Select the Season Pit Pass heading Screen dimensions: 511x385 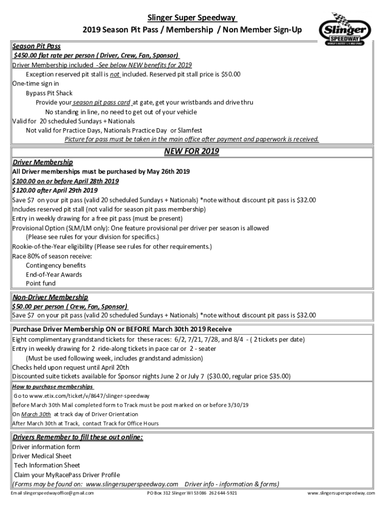pos(36,46)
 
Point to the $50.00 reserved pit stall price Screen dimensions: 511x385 pos(230,74)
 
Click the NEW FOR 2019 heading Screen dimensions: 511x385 pos(191,151)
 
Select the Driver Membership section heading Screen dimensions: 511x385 pos(42,162)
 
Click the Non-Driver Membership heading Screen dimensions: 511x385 pos(50,297)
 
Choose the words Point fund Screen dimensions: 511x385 pos(41,283)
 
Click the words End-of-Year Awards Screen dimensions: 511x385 pos(54,274)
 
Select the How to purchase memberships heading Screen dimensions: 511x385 pos(52,387)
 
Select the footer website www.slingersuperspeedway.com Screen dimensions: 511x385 pos(341,493)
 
